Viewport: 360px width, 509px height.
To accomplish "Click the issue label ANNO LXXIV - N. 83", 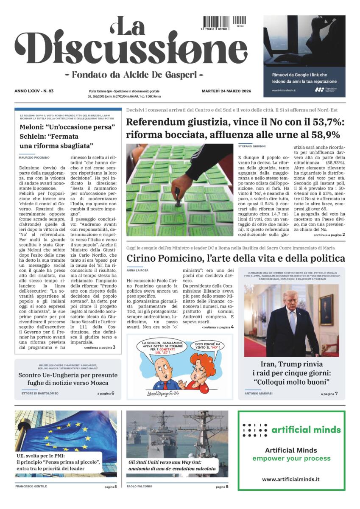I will pos(37,91).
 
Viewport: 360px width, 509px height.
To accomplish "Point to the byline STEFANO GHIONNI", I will pos(252,146).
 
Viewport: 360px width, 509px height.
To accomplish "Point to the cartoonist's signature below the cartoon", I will pos(162,394).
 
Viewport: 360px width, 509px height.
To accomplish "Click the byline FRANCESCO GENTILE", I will pos(31,486).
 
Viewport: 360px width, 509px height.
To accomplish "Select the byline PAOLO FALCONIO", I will pos(139,486).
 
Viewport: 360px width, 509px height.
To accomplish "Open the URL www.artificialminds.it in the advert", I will pos(291,479).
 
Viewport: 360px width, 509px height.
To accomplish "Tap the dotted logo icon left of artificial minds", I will pos(254,430).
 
